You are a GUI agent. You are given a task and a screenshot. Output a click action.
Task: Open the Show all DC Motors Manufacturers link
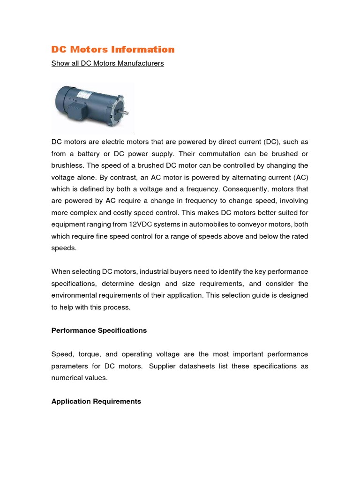107,63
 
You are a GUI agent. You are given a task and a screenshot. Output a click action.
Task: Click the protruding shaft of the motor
126,112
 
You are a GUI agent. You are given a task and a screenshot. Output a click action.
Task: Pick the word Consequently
243,189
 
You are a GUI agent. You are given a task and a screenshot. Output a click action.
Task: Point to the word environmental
73,295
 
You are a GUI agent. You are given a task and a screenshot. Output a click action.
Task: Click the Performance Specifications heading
99,330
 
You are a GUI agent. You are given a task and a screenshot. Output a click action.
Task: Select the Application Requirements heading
96,401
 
